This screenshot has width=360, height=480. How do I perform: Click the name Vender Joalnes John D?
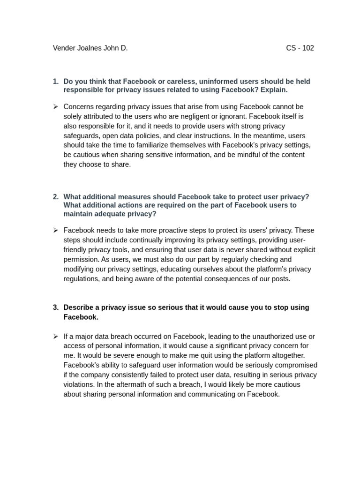click(x=90, y=48)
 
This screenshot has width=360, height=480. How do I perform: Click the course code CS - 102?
click(x=300, y=48)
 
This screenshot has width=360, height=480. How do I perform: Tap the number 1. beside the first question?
click(x=56, y=82)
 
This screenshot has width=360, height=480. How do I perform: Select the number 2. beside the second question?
click(x=56, y=197)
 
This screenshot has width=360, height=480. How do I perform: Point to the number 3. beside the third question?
click(x=56, y=307)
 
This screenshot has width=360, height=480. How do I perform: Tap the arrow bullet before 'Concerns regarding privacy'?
click(x=55, y=107)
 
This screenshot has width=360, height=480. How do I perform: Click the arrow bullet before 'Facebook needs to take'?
click(x=55, y=230)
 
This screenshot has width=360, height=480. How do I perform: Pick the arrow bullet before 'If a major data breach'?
click(x=55, y=336)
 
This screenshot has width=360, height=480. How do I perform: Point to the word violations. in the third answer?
click(x=81, y=384)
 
